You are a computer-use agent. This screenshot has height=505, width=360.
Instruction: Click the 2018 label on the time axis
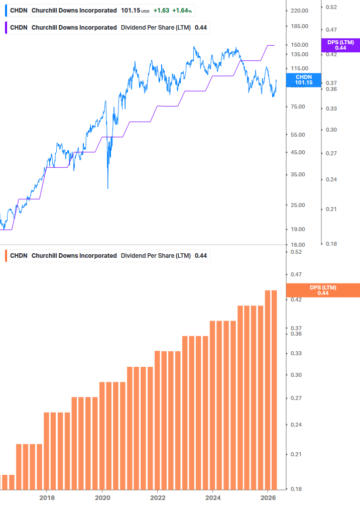(47, 498)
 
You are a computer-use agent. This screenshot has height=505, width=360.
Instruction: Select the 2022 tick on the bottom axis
(158, 498)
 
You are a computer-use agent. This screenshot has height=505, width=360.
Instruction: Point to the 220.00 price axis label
(299, 11)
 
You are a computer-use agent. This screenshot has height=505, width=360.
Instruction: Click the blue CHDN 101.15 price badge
(303, 80)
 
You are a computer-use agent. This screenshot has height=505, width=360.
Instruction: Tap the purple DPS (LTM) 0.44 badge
(340, 45)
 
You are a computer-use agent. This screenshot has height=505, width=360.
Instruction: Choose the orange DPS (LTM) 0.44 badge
(322, 290)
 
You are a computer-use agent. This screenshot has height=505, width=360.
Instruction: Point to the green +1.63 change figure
(161, 11)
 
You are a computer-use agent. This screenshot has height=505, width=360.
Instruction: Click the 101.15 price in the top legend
(130, 11)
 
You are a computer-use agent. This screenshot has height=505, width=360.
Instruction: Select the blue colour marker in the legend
(6, 11)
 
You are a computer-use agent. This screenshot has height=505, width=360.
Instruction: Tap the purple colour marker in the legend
(6, 28)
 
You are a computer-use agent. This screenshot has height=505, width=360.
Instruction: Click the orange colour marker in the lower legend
(6, 256)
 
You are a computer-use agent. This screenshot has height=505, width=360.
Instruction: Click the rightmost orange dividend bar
(274, 390)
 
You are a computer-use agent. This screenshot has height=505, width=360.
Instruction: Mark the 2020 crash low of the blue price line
(108, 188)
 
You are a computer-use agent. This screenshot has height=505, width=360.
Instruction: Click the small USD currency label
(146, 11)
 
